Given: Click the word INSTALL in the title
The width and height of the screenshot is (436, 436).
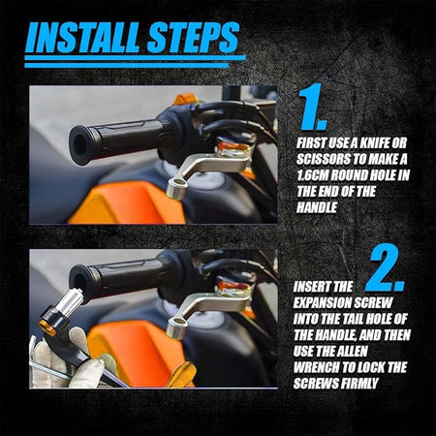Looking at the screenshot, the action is [x=83, y=37].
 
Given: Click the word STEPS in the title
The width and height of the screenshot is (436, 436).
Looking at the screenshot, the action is [x=193, y=37].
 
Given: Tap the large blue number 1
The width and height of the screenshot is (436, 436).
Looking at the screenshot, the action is [x=312, y=108].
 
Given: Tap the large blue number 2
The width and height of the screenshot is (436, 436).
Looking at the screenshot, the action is [x=387, y=268].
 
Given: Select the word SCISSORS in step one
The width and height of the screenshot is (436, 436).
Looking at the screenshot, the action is [x=325, y=159].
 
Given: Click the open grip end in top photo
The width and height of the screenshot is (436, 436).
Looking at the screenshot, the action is [x=80, y=144].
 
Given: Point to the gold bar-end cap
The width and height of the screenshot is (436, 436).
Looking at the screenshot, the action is [x=47, y=327].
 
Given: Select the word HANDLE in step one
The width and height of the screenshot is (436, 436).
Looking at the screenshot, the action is [x=317, y=207].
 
